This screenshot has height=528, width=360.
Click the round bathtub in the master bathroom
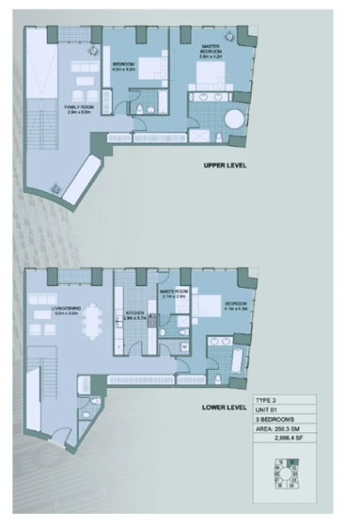coord(237,121)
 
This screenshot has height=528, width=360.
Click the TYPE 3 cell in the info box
coord(267,399)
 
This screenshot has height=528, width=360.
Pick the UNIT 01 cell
coord(267,410)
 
